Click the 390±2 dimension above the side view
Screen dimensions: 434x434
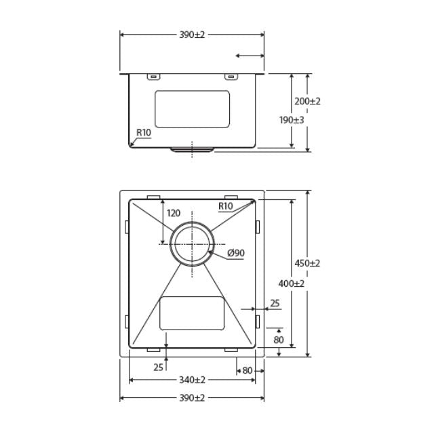pyautogui.click(x=192, y=35)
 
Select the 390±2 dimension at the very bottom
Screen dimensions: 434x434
pyautogui.click(x=192, y=397)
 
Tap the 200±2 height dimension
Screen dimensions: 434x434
pyautogui.click(x=307, y=101)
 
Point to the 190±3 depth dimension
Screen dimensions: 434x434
pyautogui.click(x=292, y=119)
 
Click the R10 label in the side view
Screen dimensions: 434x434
pyautogui.click(x=143, y=132)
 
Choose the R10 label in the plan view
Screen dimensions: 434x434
pyautogui.click(x=226, y=206)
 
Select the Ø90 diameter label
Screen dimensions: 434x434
pyautogui.click(x=236, y=253)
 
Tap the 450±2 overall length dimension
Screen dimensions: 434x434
pyautogui.click(x=307, y=263)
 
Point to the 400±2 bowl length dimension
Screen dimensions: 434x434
pyautogui.click(x=292, y=283)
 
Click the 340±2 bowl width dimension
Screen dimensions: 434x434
pyautogui.click(x=192, y=380)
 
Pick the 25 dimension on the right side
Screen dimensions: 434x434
pyautogui.click(x=275, y=303)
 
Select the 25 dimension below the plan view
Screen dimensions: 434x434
pyautogui.click(x=157, y=367)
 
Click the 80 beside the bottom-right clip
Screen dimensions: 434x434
pyautogui.click(x=247, y=370)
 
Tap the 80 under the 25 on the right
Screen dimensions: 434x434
pyautogui.click(x=279, y=339)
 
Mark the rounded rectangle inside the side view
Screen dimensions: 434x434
pyautogui.click(x=192, y=109)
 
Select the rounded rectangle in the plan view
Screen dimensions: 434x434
pyautogui.click(x=192, y=313)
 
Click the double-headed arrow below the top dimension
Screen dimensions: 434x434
pyautogui.click(x=249, y=56)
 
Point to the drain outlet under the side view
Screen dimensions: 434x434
pyautogui.click(x=192, y=150)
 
